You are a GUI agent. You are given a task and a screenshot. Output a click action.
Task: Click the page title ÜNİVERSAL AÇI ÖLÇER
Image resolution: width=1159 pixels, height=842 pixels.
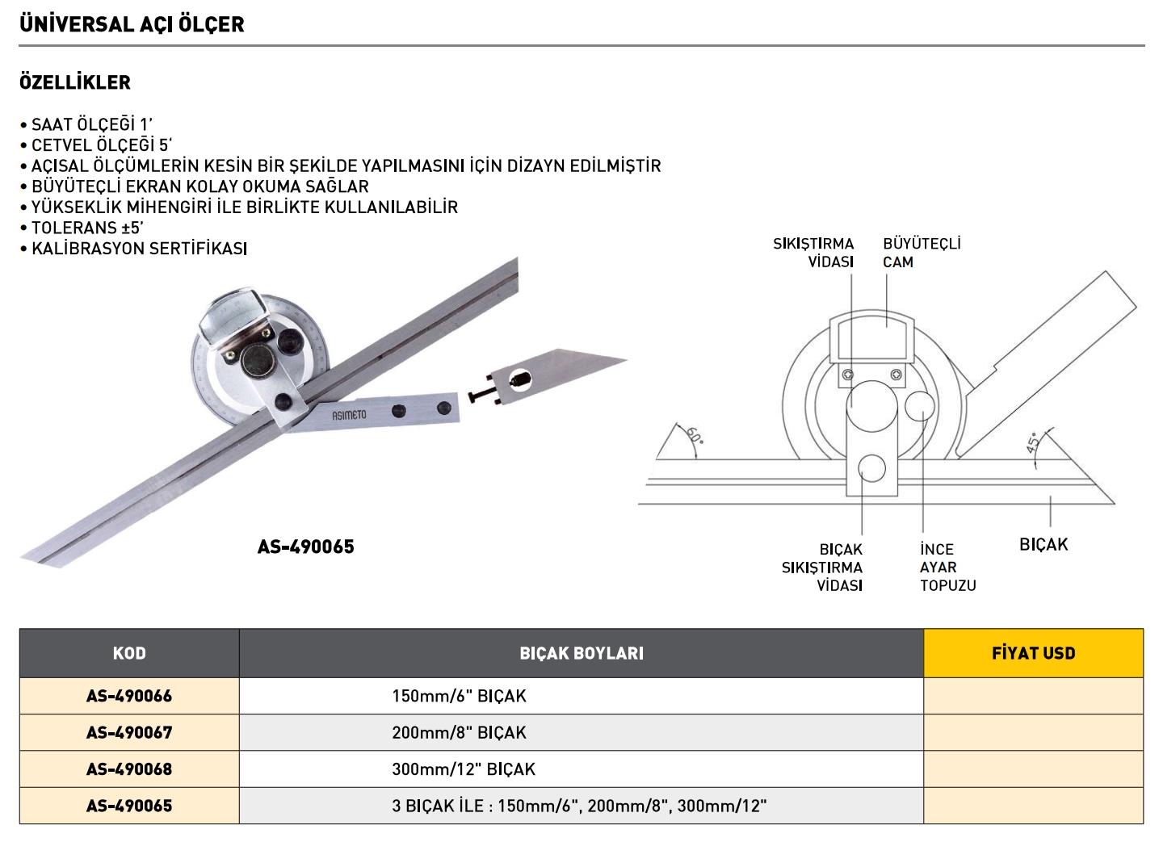tap(131, 24)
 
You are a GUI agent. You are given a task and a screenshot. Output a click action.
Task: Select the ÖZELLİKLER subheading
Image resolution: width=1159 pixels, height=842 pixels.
tap(75, 82)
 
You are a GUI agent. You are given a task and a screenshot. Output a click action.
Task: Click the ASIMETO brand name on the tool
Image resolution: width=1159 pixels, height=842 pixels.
tap(349, 415)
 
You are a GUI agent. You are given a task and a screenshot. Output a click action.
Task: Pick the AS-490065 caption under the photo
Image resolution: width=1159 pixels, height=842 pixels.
tap(305, 547)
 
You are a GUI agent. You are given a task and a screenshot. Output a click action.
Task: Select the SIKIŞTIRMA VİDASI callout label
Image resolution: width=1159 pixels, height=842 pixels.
tap(813, 253)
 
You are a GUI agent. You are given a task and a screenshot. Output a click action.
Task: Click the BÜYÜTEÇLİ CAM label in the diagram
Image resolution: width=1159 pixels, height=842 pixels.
tap(922, 253)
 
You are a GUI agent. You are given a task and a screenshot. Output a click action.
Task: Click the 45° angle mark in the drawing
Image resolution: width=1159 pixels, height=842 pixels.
tap(1033, 446)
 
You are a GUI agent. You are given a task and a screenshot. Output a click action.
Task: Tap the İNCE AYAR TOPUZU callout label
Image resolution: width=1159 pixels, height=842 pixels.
tap(947, 568)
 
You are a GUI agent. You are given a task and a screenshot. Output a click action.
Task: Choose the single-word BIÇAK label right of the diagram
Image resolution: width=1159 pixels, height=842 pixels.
tap(1043, 545)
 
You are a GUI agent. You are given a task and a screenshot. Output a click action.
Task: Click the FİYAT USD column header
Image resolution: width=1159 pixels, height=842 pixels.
tap(1033, 653)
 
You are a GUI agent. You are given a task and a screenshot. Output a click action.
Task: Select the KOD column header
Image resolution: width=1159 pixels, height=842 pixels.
tap(129, 653)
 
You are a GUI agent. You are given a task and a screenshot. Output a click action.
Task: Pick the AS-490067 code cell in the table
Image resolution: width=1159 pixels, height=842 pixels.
tap(129, 732)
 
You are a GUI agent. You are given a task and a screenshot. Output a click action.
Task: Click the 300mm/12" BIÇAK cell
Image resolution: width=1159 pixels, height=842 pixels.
tap(464, 769)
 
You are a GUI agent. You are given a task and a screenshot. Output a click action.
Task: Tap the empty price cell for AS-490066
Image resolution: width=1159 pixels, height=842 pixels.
tap(1033, 696)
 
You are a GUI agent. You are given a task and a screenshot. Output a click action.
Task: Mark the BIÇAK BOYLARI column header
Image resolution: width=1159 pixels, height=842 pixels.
tap(581, 653)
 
